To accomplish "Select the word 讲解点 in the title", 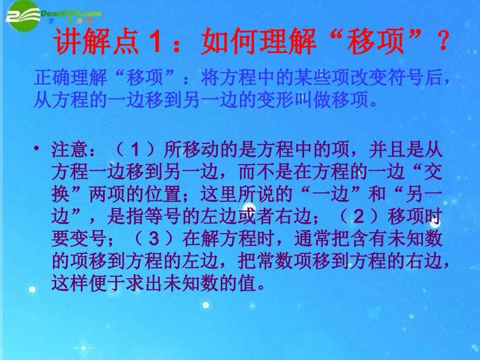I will click(x=96, y=44).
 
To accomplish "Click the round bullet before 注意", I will click(x=37, y=150).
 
